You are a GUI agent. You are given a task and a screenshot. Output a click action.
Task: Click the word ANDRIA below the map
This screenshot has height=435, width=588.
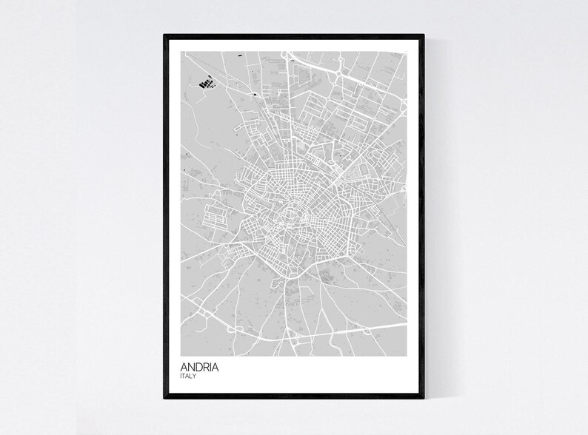199,367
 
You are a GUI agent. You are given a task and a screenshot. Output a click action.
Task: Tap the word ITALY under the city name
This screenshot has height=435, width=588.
188,377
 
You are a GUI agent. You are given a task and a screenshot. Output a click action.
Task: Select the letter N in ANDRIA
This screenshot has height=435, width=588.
191,367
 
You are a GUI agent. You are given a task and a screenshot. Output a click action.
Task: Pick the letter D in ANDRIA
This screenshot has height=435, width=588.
198,367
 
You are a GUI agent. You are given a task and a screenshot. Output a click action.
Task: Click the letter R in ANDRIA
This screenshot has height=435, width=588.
206,367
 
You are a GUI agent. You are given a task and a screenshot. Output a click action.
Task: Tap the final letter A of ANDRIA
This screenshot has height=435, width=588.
216,367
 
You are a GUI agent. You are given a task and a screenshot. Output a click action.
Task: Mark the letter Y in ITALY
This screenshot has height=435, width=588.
196,377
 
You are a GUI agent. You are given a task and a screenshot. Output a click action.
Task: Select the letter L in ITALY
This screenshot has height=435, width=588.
192,377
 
